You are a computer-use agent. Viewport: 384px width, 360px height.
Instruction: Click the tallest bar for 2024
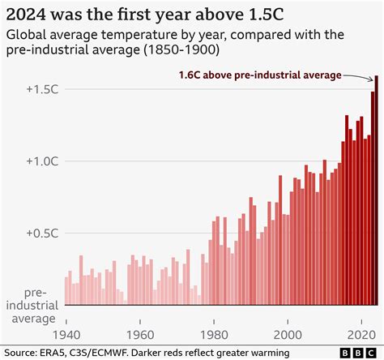point(376,191)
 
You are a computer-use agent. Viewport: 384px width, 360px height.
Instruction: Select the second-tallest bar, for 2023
point(372,199)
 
